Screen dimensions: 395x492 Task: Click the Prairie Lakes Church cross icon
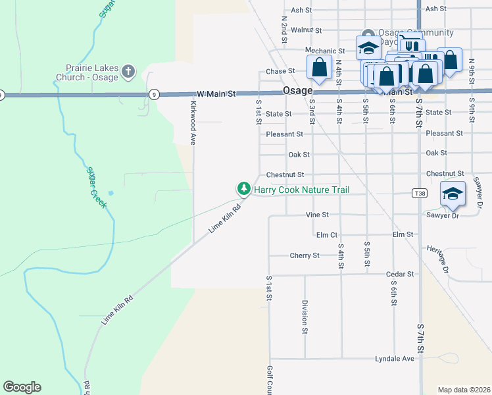(128, 70)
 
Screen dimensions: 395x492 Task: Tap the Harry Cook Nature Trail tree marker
(244, 189)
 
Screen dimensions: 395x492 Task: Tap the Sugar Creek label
(96, 188)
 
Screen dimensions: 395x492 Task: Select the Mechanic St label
(325, 51)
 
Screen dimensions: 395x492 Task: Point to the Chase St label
(280, 71)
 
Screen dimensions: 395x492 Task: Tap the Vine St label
(317, 215)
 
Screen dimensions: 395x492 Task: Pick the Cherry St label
(305, 255)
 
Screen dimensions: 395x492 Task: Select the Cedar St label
(401, 274)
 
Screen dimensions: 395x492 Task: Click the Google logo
(22, 387)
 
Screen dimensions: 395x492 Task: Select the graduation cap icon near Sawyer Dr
(453, 193)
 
